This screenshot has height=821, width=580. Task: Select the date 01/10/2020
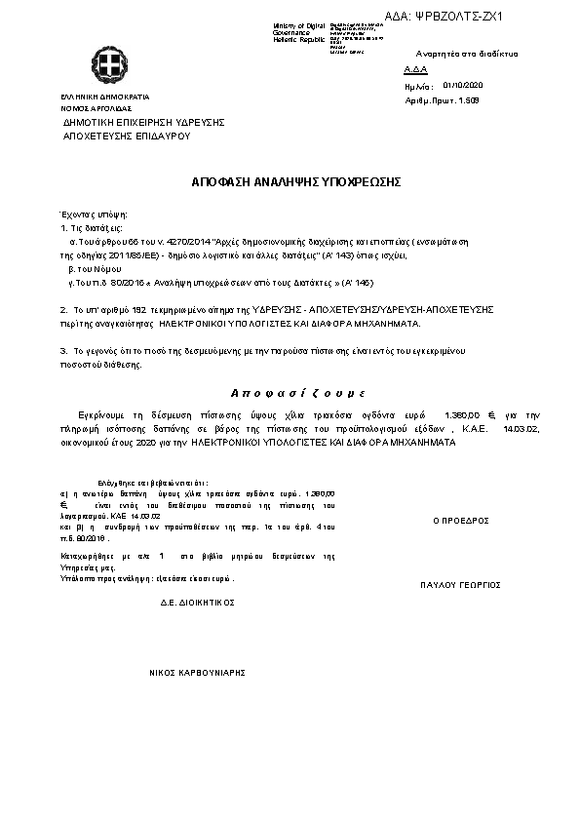point(463,86)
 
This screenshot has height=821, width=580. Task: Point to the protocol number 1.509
point(469,99)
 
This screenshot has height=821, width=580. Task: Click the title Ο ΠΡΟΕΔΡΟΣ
point(460,521)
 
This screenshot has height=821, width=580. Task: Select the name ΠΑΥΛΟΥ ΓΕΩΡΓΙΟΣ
point(460,585)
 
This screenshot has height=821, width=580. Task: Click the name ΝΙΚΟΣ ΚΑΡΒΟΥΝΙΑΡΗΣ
point(196,673)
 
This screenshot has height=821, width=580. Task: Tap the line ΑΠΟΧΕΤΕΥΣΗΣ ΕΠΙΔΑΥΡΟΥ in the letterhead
point(126,136)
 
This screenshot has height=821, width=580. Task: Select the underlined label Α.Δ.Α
point(414,71)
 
